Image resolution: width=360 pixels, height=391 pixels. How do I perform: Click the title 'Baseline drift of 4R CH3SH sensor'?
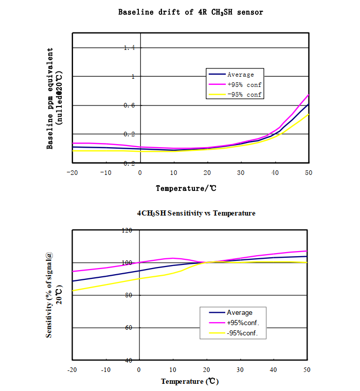pyautogui.click(x=190, y=12)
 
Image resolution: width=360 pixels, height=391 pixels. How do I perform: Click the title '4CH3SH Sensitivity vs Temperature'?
pyautogui.click(x=196, y=213)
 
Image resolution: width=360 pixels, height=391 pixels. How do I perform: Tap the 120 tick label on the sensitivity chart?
pyautogui.click(x=127, y=230)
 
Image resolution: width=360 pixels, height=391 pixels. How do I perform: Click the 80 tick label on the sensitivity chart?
pyautogui.click(x=129, y=295)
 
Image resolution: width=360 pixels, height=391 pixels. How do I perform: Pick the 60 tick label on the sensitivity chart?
pyautogui.click(x=129, y=328)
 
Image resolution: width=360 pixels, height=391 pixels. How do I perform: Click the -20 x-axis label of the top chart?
pyautogui.click(x=72, y=173)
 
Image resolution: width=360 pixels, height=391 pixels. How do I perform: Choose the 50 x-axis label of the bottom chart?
pyautogui.click(x=308, y=370)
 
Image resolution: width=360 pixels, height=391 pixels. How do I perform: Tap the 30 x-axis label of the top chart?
pyautogui.click(x=241, y=173)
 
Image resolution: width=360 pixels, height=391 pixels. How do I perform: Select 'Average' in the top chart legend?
pyautogui.click(x=241, y=75)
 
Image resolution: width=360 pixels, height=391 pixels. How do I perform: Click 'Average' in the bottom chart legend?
pyautogui.click(x=240, y=312)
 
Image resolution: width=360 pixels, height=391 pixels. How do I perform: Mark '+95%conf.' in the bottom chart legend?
pyautogui.click(x=242, y=323)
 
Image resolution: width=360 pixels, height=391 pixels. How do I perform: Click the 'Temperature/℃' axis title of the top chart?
pyautogui.click(x=186, y=188)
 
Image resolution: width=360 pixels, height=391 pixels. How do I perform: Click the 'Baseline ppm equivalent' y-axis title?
pyautogui.click(x=50, y=98)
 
